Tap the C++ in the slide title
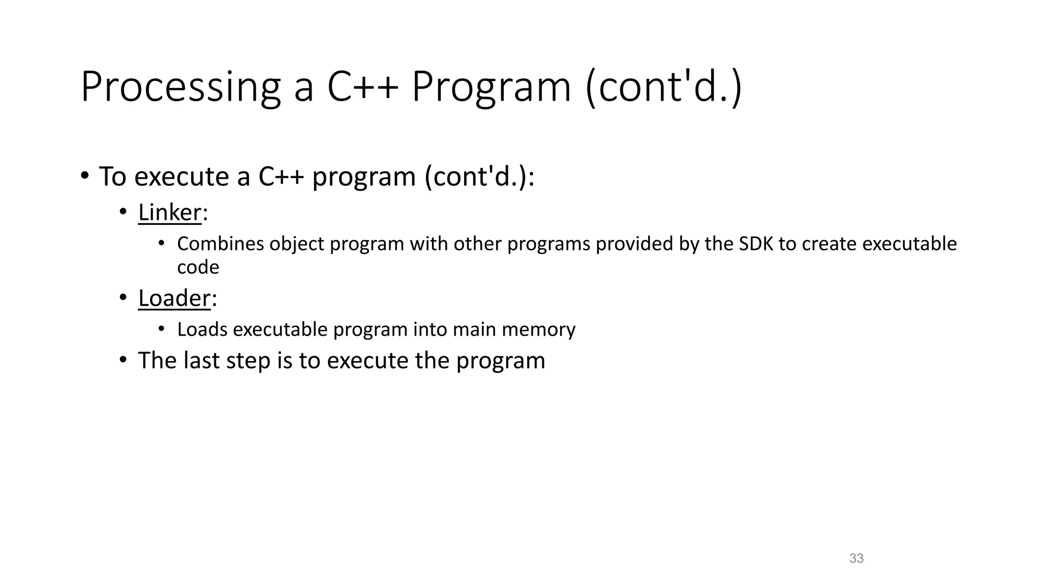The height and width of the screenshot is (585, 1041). (x=362, y=87)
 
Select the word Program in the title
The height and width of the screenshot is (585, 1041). (x=491, y=87)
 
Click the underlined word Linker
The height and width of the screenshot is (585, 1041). (x=170, y=212)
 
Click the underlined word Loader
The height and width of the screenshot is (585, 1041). (x=174, y=298)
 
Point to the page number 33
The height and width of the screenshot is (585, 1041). (x=856, y=558)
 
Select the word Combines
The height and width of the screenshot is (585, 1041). (x=221, y=244)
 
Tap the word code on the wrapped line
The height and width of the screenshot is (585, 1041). (x=198, y=267)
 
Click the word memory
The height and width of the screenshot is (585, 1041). (x=538, y=330)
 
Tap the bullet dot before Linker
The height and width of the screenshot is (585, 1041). (x=123, y=212)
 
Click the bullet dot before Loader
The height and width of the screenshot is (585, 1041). (x=123, y=298)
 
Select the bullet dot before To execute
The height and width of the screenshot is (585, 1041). (x=84, y=176)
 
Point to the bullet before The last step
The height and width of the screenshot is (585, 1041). (x=123, y=361)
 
